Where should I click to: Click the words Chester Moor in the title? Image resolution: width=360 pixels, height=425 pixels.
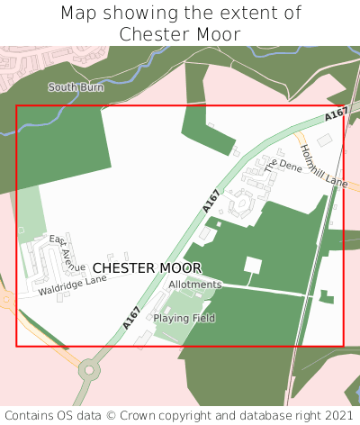tap(180, 34)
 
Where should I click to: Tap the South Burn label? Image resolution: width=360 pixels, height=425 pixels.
tap(75, 87)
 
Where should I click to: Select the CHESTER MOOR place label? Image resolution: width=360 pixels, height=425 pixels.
tap(147, 268)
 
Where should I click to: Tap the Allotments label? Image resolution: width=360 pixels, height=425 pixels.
tap(194, 285)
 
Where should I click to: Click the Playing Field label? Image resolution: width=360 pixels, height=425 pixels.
tap(184, 318)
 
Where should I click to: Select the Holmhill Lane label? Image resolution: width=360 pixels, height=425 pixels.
tap(323, 166)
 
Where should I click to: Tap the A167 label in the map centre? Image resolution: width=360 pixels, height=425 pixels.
tap(211, 200)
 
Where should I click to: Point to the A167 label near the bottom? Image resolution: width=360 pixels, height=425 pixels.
tap(132, 318)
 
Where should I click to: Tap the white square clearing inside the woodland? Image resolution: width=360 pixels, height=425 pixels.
tap(253, 266)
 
